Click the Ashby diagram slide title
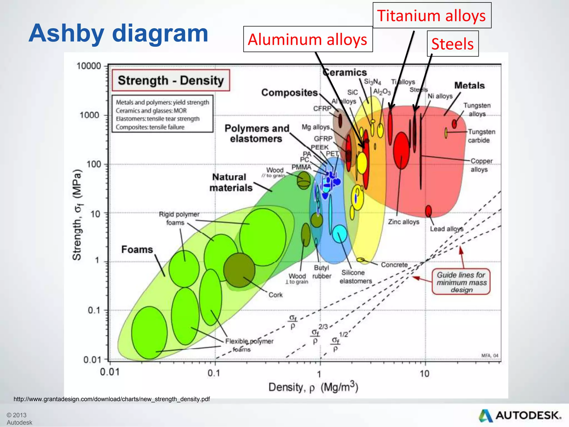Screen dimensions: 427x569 click(118, 33)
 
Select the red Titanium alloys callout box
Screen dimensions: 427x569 click(432, 16)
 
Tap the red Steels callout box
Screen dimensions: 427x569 click(453, 44)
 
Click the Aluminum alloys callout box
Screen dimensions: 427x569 click(308, 39)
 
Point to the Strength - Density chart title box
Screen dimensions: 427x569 click(171, 80)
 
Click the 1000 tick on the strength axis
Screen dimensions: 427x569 click(89, 115)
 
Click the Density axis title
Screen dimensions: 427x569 click(313, 387)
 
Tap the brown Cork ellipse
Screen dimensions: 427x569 click(239, 270)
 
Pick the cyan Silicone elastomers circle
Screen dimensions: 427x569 click(340, 234)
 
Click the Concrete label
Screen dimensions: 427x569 click(394, 265)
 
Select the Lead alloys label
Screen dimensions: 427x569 click(446, 229)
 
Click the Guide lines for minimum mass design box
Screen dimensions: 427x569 click(461, 282)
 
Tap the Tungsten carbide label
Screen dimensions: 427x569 click(481, 136)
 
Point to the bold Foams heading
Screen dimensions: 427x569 click(137, 249)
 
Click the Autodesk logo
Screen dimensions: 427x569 click(520, 415)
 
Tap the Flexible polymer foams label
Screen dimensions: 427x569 click(249, 345)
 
